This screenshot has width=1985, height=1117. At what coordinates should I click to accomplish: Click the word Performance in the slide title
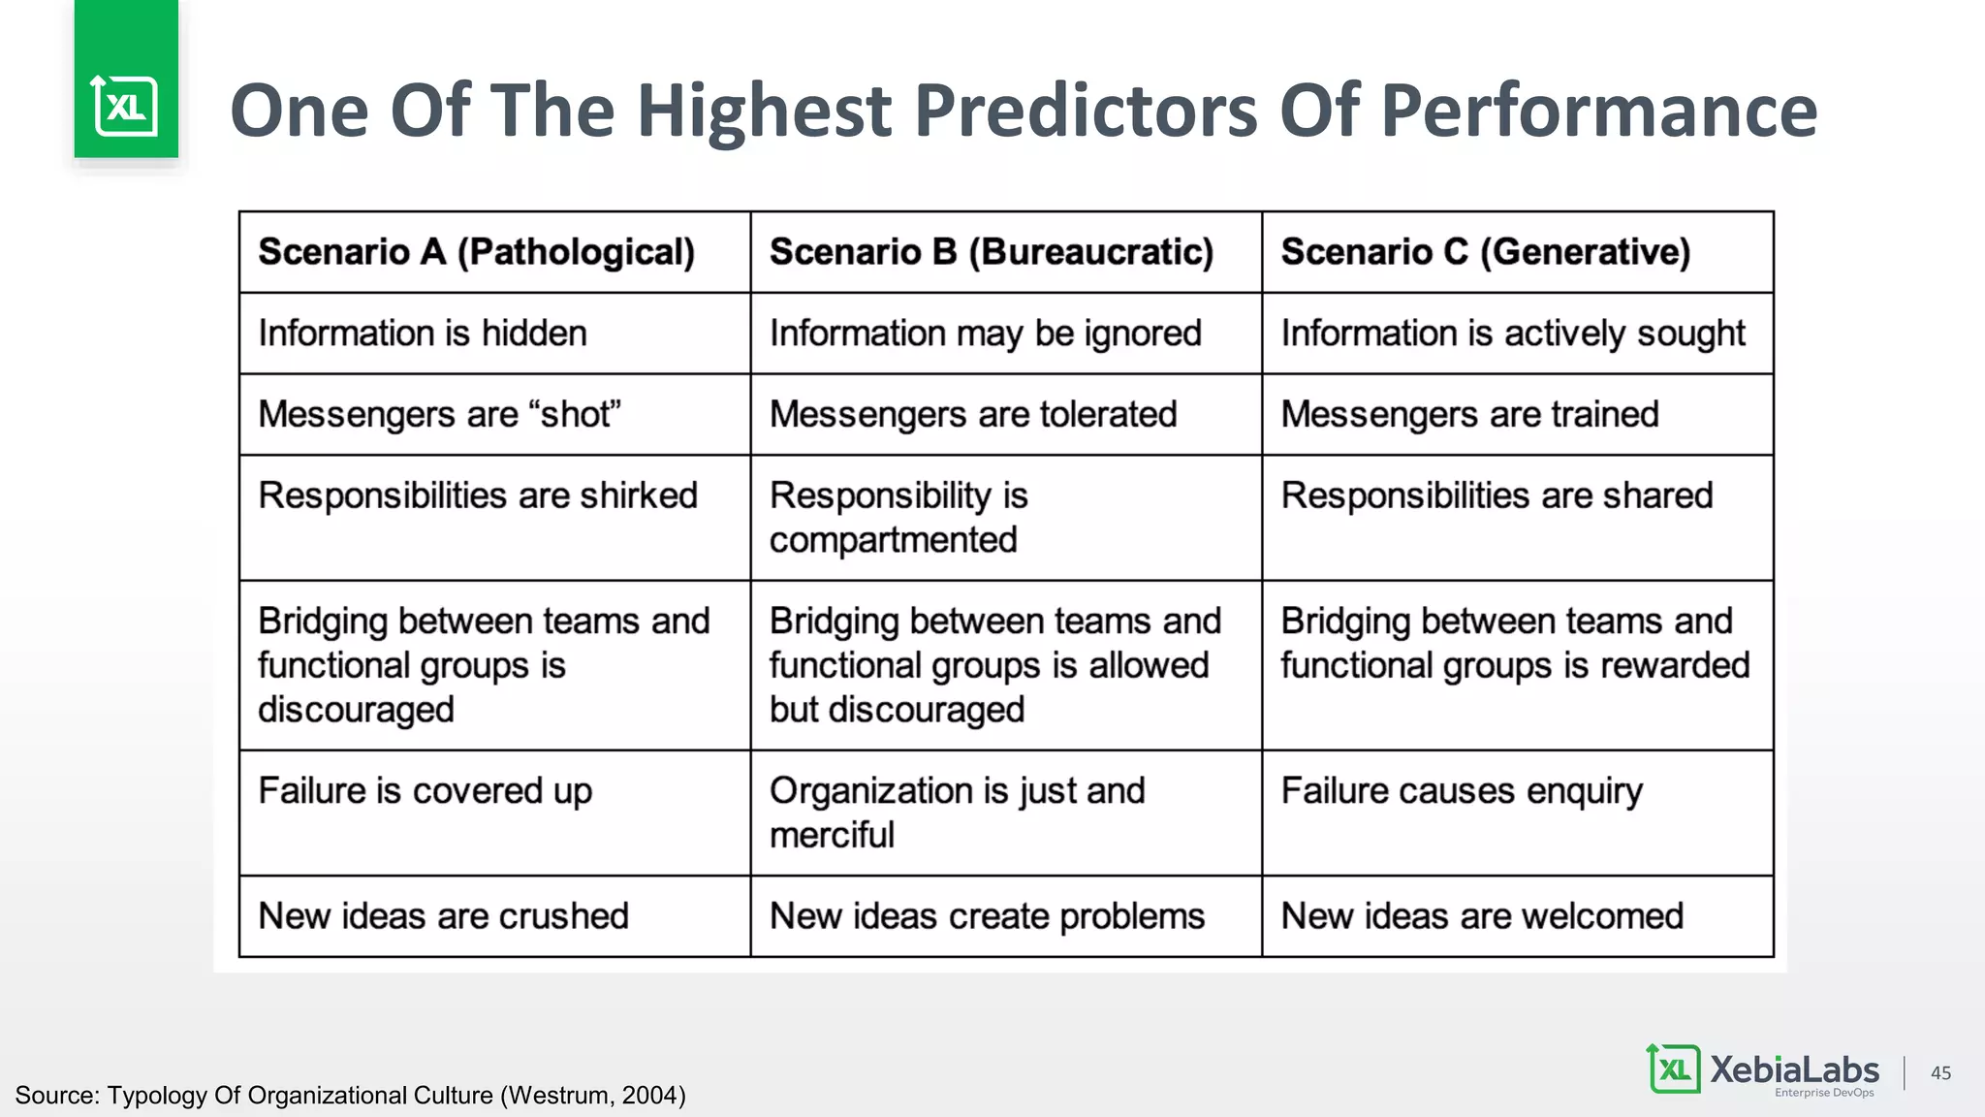pyautogui.click(x=1598, y=111)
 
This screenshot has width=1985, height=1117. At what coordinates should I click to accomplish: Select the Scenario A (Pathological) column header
pyautogui.click(x=476, y=252)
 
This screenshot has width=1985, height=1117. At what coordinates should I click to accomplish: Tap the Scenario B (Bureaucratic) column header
pyautogui.click(x=991, y=252)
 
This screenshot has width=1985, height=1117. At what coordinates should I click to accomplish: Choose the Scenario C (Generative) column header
pyautogui.click(x=1485, y=252)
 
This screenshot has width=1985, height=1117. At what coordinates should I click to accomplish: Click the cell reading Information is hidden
pyautogui.click(x=423, y=334)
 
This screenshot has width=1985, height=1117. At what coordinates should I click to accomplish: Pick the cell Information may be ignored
pyautogui.click(x=985, y=334)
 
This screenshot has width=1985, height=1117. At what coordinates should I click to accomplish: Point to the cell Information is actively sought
pyautogui.click(x=1512, y=334)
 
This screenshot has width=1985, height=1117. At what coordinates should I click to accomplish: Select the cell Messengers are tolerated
pyautogui.click(x=973, y=415)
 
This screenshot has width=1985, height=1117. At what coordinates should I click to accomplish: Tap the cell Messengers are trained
pyautogui.click(x=1469, y=415)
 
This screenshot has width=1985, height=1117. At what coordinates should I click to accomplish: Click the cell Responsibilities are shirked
pyautogui.click(x=478, y=495)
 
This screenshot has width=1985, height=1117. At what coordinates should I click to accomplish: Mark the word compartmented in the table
pyautogui.click(x=893, y=540)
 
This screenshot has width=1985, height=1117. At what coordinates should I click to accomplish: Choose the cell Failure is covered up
pyautogui.click(x=425, y=791)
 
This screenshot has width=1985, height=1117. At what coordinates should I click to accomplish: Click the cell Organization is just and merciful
pyautogui.click(x=957, y=813)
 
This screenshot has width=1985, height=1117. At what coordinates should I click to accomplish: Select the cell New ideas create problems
pyautogui.click(x=987, y=916)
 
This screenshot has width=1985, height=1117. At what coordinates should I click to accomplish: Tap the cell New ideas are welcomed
pyautogui.click(x=1482, y=916)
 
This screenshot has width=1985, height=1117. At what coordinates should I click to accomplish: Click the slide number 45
pyautogui.click(x=1940, y=1072)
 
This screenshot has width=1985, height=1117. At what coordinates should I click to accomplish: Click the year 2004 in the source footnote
pyautogui.click(x=648, y=1096)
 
